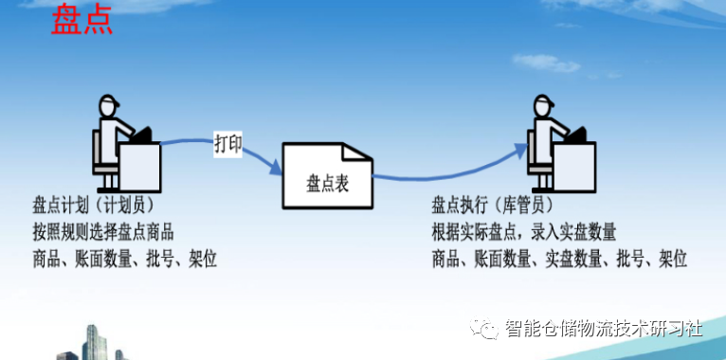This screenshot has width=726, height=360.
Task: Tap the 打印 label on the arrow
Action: [227, 145]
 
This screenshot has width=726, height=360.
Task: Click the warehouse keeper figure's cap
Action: [543, 102]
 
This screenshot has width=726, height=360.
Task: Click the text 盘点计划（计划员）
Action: [93, 206]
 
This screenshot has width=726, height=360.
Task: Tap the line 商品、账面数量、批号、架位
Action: [124, 258]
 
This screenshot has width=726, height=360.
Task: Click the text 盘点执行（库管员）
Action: [492, 206]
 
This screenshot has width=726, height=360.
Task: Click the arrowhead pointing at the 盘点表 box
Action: [278, 169]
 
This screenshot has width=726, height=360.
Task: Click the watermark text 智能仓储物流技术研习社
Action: [603, 329]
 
